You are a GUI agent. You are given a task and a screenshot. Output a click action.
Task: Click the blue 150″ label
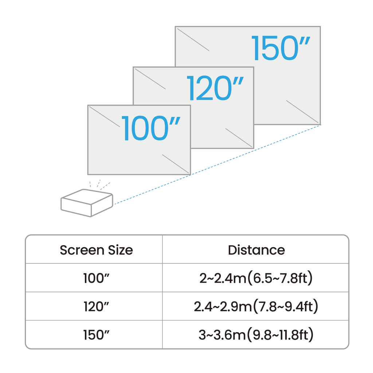(x=281, y=48)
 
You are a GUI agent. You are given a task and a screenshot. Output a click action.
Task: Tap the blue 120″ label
(x=215, y=88)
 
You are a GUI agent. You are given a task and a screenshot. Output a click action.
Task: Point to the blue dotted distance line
(x=219, y=164)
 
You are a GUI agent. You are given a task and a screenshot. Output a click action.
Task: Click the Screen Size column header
(x=95, y=250)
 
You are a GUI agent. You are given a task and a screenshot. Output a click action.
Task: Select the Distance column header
(x=256, y=250)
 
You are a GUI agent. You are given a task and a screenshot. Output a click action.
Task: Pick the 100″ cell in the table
(x=95, y=279)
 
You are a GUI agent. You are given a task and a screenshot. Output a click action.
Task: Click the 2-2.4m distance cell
(x=256, y=279)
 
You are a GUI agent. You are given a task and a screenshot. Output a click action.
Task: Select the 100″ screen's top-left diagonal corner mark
(x=104, y=116)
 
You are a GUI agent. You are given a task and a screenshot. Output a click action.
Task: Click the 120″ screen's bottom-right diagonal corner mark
(x=239, y=137)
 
